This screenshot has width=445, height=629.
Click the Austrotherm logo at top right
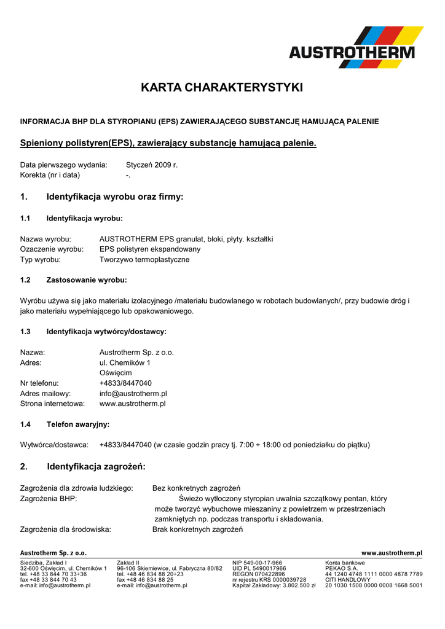[x=356, y=47]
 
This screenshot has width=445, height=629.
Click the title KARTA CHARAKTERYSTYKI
[x=222, y=88]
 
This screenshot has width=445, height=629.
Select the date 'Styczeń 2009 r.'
[x=152, y=165]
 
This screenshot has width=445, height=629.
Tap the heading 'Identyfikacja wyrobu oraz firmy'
[x=115, y=197]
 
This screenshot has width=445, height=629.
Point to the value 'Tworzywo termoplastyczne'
[x=144, y=260]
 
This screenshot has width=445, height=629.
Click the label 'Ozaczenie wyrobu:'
[x=52, y=249]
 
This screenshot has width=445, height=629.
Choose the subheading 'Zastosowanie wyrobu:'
[x=87, y=280]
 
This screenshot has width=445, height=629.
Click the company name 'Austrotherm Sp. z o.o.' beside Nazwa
[x=136, y=353]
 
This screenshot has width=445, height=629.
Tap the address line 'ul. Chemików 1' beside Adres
[x=125, y=363]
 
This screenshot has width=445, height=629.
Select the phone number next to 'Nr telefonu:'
[x=125, y=383]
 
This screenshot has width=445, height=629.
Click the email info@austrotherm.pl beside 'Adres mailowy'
[x=133, y=394]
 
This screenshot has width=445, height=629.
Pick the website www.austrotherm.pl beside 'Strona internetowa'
[x=132, y=404]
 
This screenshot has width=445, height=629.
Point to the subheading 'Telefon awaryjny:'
[x=78, y=424]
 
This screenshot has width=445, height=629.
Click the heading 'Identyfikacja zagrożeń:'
[x=96, y=467]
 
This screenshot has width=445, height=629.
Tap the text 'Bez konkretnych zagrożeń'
[x=196, y=488]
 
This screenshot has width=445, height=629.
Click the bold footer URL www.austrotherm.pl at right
[x=392, y=553]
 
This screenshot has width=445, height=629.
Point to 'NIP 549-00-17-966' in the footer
[x=257, y=563]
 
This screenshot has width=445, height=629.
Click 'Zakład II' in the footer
[x=128, y=563]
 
